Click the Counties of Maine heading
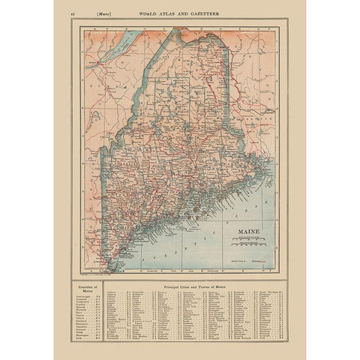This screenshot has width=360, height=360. (x=83, y=289)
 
